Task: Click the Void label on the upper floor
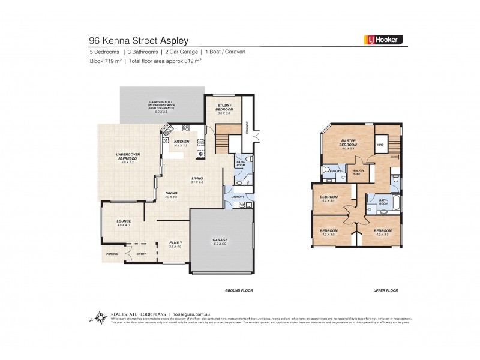point(380,145)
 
